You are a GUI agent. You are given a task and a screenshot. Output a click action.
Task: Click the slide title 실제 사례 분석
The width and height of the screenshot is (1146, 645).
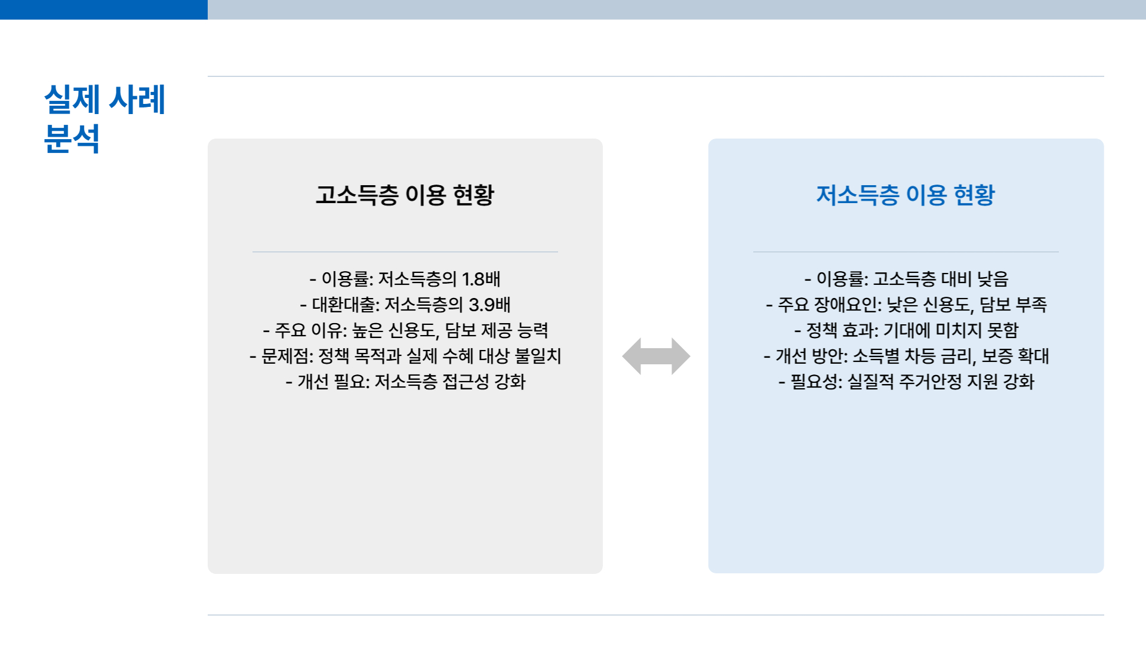coord(104,119)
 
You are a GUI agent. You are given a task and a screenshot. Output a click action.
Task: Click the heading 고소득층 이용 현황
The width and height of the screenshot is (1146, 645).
coord(405,195)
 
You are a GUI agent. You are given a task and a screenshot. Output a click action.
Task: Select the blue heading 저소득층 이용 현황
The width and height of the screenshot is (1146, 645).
coord(905,195)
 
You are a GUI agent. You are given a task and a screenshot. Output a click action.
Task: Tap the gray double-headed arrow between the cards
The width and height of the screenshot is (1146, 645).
coord(656,357)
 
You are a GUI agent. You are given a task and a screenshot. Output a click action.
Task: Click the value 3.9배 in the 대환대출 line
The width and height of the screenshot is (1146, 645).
coord(489,305)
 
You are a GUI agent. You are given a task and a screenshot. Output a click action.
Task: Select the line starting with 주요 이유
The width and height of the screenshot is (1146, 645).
coord(405,330)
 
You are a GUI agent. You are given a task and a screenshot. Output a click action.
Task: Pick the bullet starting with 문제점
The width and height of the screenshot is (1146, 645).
coord(405,356)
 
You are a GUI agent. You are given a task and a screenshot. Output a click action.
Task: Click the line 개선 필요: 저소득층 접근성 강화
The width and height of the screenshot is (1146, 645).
coord(405,382)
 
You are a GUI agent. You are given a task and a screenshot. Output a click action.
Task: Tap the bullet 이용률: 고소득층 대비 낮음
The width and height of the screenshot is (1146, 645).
coord(906,279)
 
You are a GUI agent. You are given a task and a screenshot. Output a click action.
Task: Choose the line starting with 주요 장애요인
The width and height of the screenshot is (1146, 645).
coord(906,305)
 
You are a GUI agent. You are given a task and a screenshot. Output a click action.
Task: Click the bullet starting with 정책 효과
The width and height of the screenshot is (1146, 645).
coord(906,330)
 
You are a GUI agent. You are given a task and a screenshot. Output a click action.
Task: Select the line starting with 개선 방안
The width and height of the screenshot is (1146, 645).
coord(906,356)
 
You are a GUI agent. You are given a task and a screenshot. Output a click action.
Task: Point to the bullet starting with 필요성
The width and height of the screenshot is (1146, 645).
coord(906,382)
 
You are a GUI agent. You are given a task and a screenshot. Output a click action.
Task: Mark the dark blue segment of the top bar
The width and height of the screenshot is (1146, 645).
coord(104,10)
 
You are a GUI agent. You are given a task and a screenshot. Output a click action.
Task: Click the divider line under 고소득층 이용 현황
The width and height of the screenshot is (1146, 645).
coord(405,252)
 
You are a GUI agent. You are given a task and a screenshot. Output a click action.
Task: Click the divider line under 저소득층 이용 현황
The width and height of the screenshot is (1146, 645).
coord(905,252)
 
